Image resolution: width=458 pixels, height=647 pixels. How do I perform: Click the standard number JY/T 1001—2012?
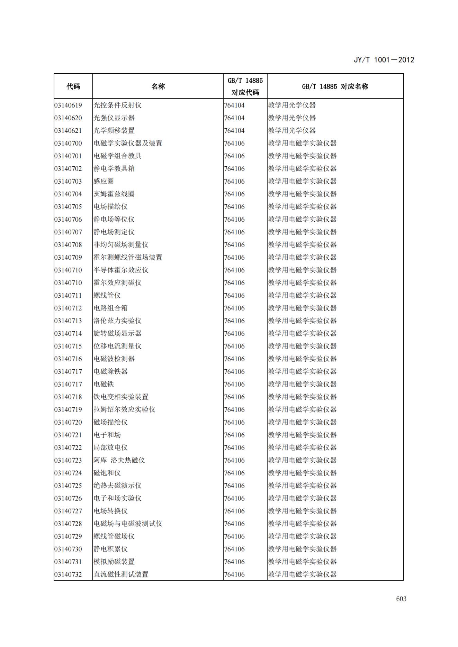(x=384, y=60)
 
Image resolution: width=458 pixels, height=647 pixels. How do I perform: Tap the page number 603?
(x=401, y=599)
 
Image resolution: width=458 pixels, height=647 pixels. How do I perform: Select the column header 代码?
(x=73, y=86)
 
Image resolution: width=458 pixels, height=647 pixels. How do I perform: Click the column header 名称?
(x=158, y=86)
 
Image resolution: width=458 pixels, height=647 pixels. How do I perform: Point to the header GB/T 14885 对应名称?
(x=335, y=86)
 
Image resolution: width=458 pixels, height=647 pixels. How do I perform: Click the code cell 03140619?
(x=68, y=105)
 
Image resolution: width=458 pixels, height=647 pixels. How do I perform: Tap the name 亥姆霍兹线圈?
(x=114, y=194)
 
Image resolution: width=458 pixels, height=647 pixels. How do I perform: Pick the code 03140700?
(x=68, y=143)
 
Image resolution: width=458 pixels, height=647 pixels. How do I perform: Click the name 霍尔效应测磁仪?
(x=117, y=283)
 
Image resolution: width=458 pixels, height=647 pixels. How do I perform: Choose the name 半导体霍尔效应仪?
(x=121, y=270)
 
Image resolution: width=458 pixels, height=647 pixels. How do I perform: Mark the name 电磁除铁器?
(x=110, y=371)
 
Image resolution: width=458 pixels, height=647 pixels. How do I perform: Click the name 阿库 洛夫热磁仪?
(x=119, y=460)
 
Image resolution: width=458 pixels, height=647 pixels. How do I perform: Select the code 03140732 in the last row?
(x=68, y=574)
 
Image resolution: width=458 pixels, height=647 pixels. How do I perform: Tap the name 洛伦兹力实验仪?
(x=117, y=321)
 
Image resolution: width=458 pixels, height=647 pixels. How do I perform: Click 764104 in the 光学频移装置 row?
(x=234, y=131)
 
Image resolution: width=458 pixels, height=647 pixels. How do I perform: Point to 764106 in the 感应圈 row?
(x=234, y=181)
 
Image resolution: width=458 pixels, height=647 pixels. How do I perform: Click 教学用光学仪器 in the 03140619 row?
(x=292, y=105)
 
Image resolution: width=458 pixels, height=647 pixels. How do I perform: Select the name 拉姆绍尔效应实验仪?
(x=124, y=409)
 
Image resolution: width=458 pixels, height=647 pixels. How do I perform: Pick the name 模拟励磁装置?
(x=114, y=562)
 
